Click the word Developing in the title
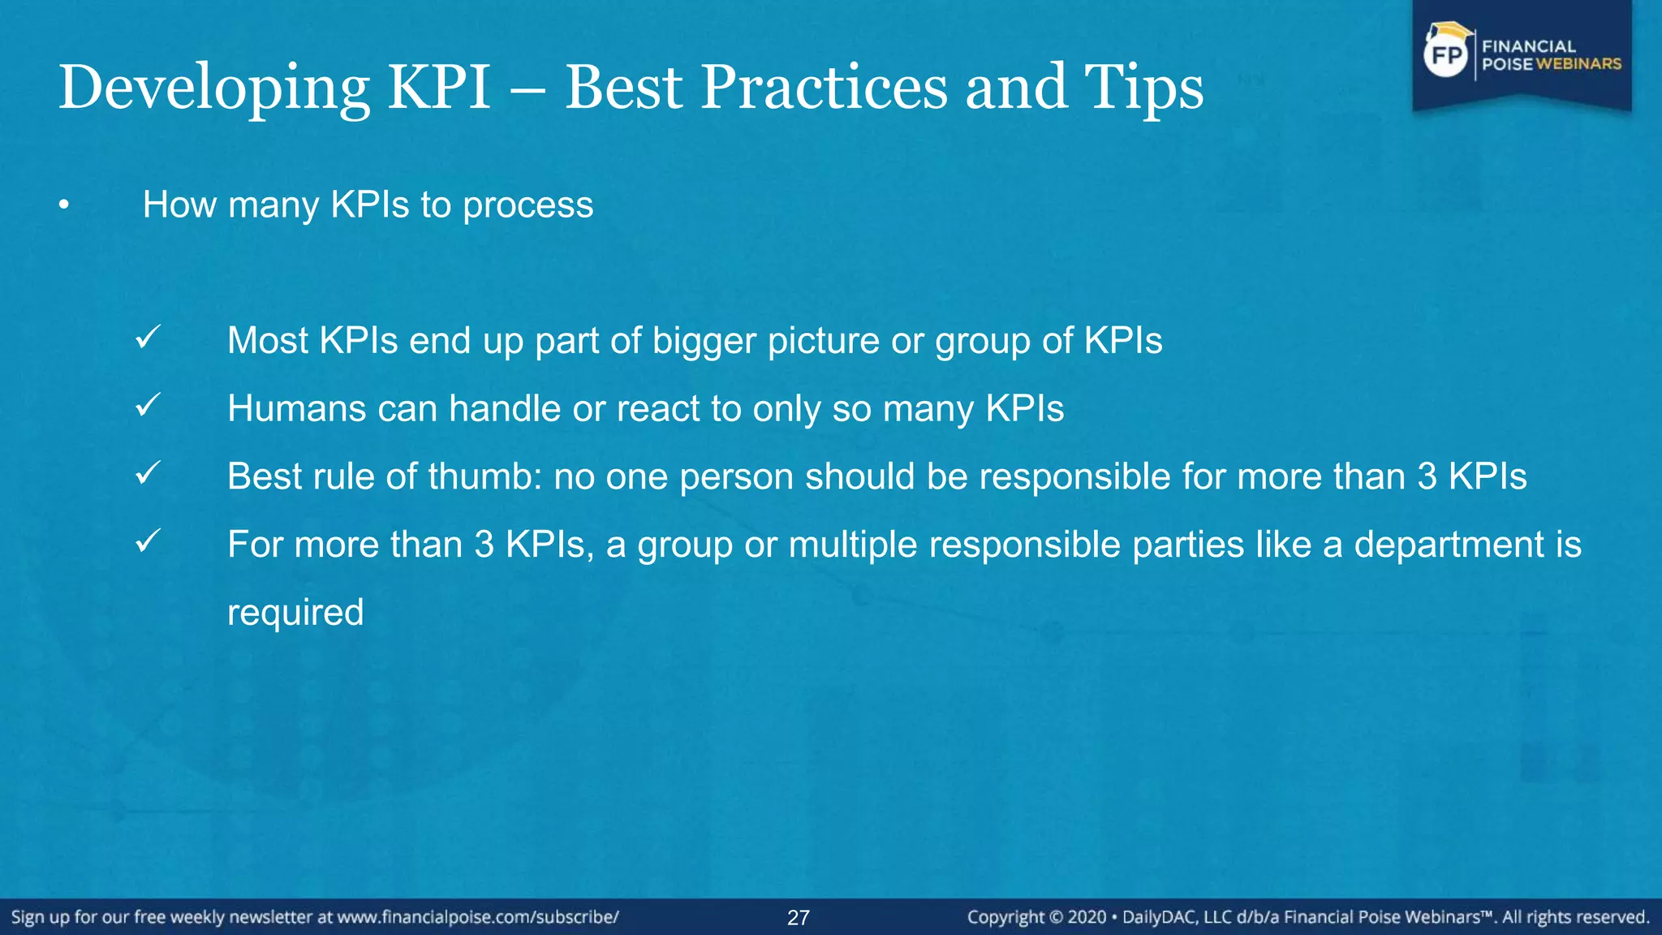(213, 88)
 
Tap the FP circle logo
(1446, 55)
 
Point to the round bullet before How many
(64, 206)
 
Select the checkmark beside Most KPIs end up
(148, 337)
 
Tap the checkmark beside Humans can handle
(148, 405)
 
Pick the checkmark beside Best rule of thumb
(148, 473)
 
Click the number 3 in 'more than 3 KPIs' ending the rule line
(1427, 476)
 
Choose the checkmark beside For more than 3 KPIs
(148, 541)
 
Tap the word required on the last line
(295, 613)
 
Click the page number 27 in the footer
(799, 918)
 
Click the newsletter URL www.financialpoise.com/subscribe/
(478, 917)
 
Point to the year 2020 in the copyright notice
(1087, 917)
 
